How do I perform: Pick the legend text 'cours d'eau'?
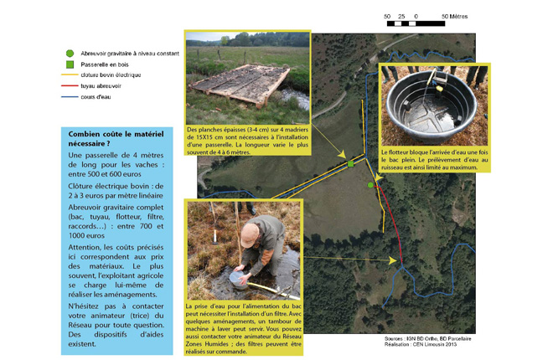click(x=96, y=96)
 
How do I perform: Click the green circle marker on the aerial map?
click(x=370, y=184)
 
